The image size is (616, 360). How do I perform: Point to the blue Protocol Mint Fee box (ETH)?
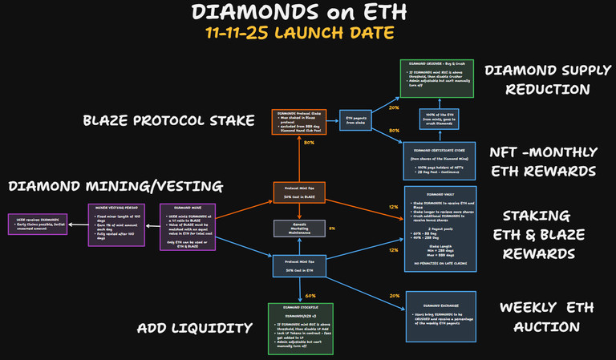click(x=298, y=265)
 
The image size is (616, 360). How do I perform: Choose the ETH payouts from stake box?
click(x=358, y=120)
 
